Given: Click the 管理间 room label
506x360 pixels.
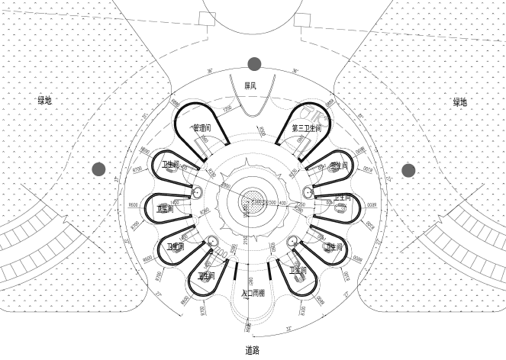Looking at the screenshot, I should (201, 127).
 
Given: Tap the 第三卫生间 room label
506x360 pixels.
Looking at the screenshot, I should (306, 128).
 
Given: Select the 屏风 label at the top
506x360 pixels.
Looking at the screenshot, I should (250, 86).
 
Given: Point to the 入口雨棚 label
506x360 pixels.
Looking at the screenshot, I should (253, 293).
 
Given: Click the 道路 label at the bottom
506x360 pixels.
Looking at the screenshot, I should (253, 350).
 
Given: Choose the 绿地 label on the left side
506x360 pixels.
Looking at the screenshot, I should (45, 100).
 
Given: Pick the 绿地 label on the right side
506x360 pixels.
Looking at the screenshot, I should (459, 102).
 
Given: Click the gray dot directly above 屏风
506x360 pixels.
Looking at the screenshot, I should (254, 64).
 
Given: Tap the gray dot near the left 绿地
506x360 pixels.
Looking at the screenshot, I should (98, 169).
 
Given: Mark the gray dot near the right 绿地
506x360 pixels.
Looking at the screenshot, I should (408, 170).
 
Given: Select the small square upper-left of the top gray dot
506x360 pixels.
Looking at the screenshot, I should (207, 19).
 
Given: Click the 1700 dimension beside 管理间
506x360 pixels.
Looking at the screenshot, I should (227, 110).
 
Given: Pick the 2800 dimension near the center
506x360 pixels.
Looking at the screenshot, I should (226, 185).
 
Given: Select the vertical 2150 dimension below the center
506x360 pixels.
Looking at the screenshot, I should (246, 239).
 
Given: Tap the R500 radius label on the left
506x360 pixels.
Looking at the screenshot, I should (133, 204).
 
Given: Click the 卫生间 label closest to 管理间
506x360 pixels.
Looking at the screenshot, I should (170, 164).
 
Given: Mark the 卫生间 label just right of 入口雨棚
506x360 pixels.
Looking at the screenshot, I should (298, 270).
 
